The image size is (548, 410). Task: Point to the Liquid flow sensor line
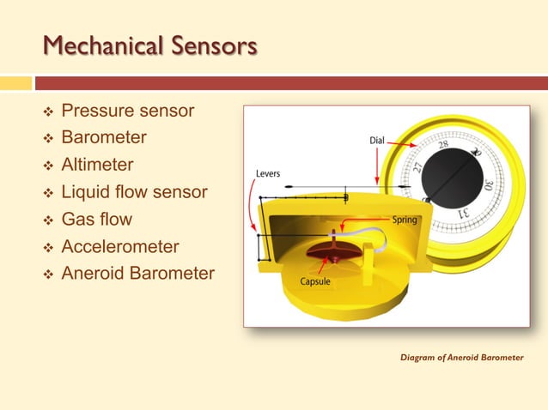(134, 192)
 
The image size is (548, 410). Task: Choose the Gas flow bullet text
(97, 220)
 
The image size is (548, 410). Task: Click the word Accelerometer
(120, 247)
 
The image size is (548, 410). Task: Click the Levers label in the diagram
(267, 173)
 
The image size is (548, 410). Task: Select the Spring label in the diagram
(405, 220)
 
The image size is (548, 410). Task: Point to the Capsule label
(316, 280)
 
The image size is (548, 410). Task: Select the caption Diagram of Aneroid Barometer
(461, 357)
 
